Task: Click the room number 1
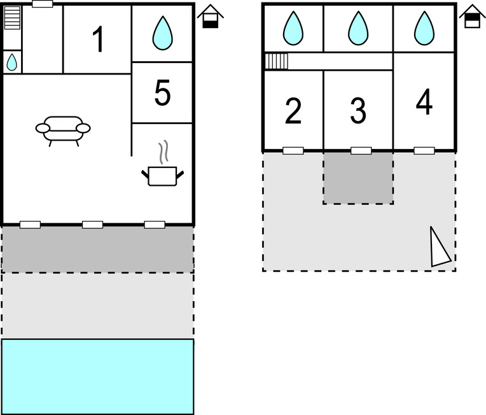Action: coord(97,39)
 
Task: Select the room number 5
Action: coord(162,93)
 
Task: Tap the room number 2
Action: coord(293,111)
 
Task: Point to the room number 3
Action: coord(358,111)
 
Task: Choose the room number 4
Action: coord(424,102)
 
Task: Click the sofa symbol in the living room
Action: coord(63,129)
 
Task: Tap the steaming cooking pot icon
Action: coord(162,169)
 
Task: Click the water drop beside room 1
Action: coord(162,32)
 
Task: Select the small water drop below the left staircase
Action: coord(12,62)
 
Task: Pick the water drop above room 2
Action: coord(293,29)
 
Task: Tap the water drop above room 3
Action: coord(359,29)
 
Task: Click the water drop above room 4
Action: coord(424,29)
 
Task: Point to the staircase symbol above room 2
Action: coord(277,61)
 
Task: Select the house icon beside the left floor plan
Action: coord(210,17)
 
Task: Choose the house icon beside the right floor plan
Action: coord(471,17)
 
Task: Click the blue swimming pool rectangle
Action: coord(97,376)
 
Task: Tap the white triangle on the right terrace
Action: coord(439,248)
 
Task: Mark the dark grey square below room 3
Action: coord(358,178)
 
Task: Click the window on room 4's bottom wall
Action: coord(424,151)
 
